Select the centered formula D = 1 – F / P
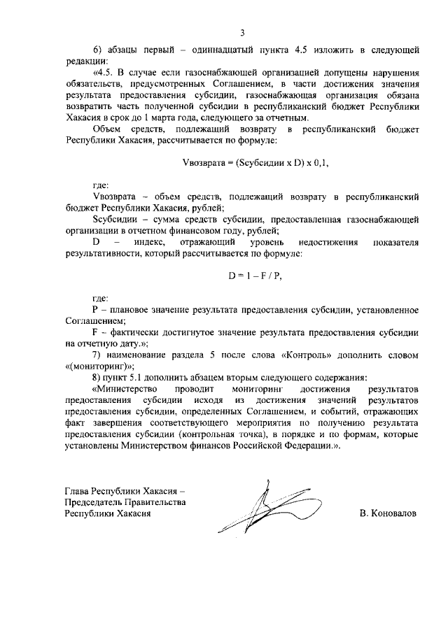[x=255, y=276]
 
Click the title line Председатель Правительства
[x=124, y=502]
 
